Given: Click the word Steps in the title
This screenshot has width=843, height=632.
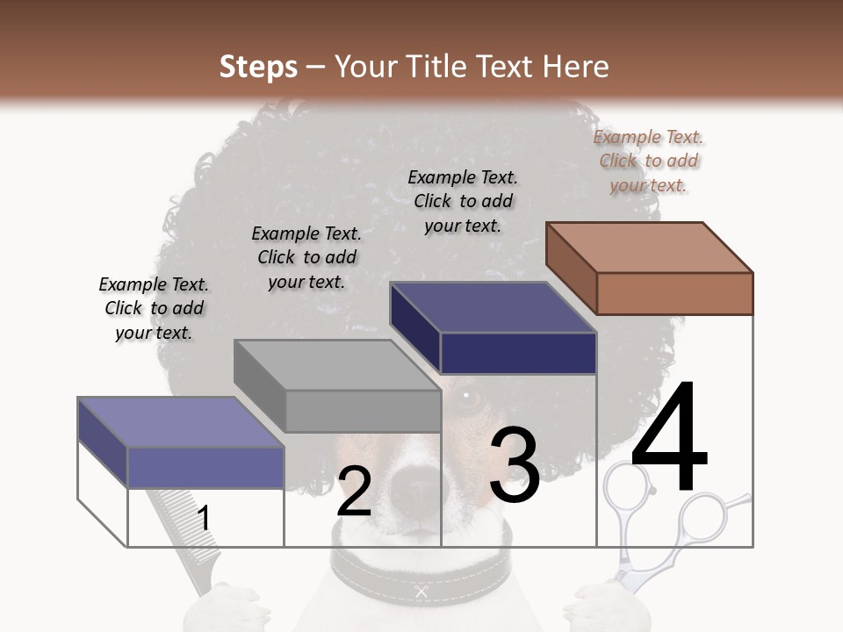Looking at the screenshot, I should coord(258,67).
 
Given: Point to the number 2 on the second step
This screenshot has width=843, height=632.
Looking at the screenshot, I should coord(354,492).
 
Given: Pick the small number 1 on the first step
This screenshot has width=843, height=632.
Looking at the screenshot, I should coord(204,518).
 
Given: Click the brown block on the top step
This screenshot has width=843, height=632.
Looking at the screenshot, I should coord(674,293).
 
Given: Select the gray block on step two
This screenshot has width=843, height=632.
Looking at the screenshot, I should coord(362,411).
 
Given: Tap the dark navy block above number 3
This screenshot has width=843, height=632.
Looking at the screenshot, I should coord(518,353).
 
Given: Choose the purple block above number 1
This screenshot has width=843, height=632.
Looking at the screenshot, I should coord(205,467).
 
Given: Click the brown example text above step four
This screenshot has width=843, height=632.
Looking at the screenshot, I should coord(649,161).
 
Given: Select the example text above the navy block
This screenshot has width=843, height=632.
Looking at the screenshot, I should coord(463,201).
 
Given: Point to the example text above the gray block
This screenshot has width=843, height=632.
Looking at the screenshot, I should coord(306,257).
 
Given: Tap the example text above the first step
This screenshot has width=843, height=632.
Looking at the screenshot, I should coord(154,308).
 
